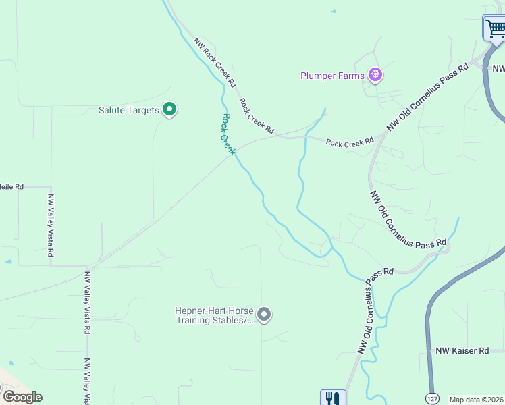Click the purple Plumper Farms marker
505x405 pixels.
(375, 75)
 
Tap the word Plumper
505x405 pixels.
(318, 76)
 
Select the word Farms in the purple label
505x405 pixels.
(351, 76)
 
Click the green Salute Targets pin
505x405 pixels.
(169, 109)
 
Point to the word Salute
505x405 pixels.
(112, 110)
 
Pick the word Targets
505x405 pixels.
(144, 110)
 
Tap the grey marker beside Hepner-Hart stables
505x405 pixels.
(264, 315)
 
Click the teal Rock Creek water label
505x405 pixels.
(228, 134)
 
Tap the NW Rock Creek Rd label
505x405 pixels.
(215, 63)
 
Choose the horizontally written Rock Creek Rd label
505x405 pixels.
(350, 142)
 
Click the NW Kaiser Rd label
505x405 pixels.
(462, 350)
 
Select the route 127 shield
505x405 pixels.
(432, 398)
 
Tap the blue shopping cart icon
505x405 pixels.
(495, 28)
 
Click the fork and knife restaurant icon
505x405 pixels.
(331, 398)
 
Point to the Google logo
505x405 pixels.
(22, 397)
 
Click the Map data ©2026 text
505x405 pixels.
(477, 400)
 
